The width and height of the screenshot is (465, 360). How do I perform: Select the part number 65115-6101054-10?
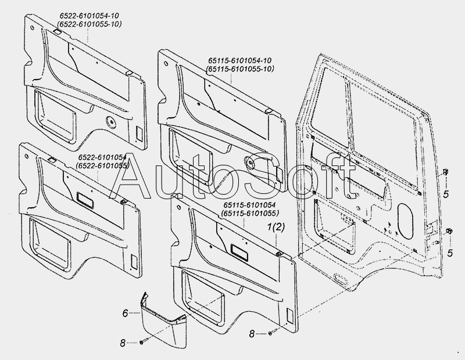pyautogui.click(x=239, y=61)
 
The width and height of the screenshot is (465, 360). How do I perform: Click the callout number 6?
pyautogui.click(x=124, y=314)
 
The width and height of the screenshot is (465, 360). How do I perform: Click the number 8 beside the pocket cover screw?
pyautogui.click(x=123, y=344)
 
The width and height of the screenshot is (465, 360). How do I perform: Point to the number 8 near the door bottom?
pyautogui.click(x=252, y=334)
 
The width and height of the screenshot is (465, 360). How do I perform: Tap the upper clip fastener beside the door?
pyautogui.click(x=444, y=171)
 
